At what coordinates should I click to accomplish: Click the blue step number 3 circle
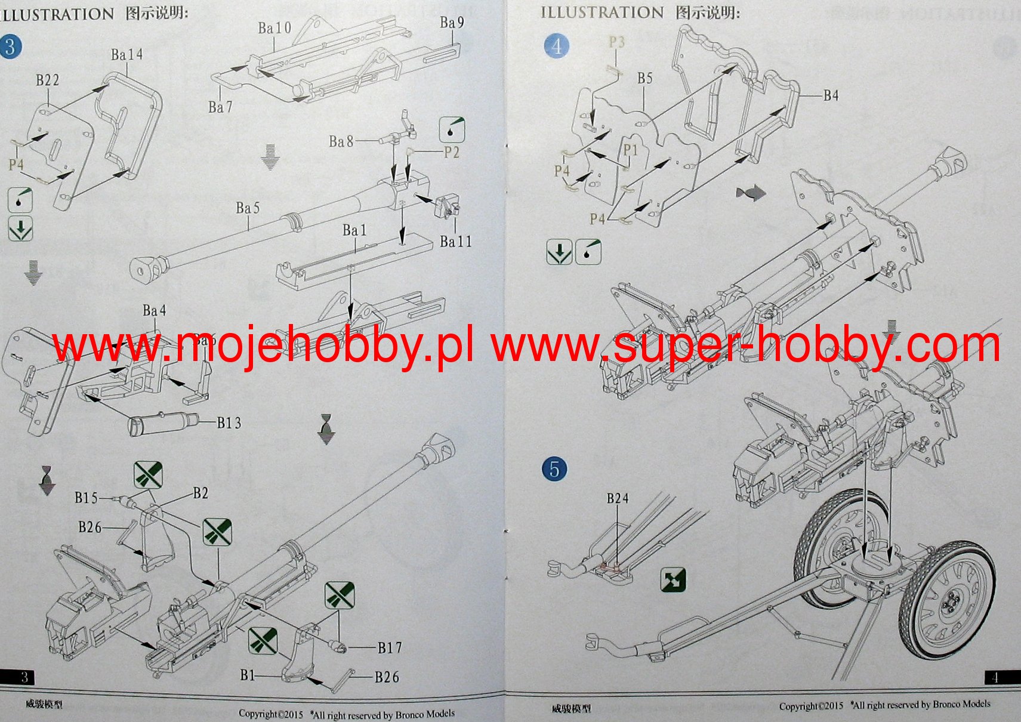pyautogui.click(x=10, y=47)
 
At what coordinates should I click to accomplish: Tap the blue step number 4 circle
pyautogui.click(x=557, y=46)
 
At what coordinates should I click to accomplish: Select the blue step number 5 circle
pyautogui.click(x=554, y=469)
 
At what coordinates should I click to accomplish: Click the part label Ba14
pyautogui.click(x=127, y=55)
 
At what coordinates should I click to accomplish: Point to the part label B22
pyautogui.click(x=47, y=81)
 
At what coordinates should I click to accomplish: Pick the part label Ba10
pyautogui.click(x=274, y=28)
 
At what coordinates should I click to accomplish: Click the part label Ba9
pyautogui.click(x=452, y=23)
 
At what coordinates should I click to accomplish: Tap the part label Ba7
pyautogui.click(x=220, y=107)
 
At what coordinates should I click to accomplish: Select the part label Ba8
pyautogui.click(x=341, y=141)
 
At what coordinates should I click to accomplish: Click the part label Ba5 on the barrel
pyautogui.click(x=248, y=208)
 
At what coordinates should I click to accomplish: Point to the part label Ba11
pyautogui.click(x=455, y=242)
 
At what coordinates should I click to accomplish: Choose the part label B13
pyautogui.click(x=229, y=423)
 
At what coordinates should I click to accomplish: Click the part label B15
pyautogui.click(x=86, y=498)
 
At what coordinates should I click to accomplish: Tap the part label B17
pyautogui.click(x=390, y=647)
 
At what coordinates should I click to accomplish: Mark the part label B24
pyautogui.click(x=618, y=498)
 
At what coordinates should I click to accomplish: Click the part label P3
pyautogui.click(x=616, y=42)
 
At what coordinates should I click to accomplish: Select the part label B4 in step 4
pyautogui.click(x=831, y=95)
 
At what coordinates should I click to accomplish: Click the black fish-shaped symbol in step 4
pyautogui.click(x=751, y=193)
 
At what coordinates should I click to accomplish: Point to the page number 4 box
pyautogui.click(x=995, y=677)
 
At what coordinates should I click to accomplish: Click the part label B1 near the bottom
pyautogui.click(x=247, y=675)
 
